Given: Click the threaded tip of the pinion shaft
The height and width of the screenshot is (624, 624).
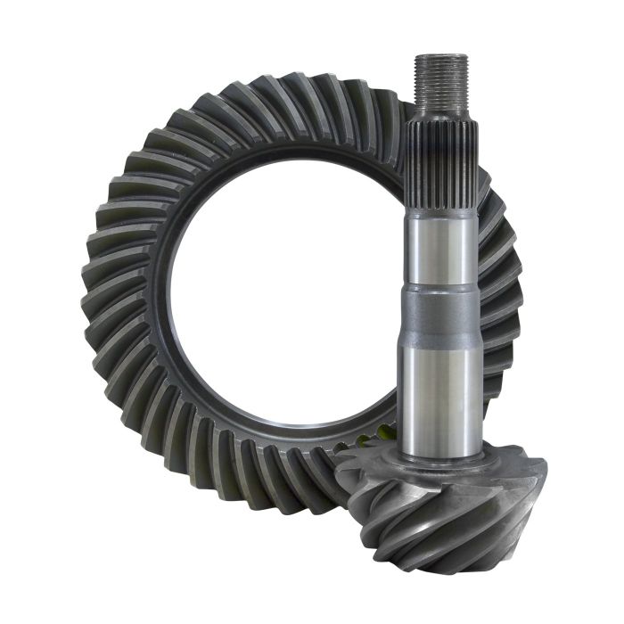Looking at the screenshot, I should [441, 70].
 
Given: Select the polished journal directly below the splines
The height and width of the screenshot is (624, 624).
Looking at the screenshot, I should [441, 250].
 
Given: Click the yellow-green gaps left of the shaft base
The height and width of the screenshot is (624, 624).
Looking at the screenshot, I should [374, 437].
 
